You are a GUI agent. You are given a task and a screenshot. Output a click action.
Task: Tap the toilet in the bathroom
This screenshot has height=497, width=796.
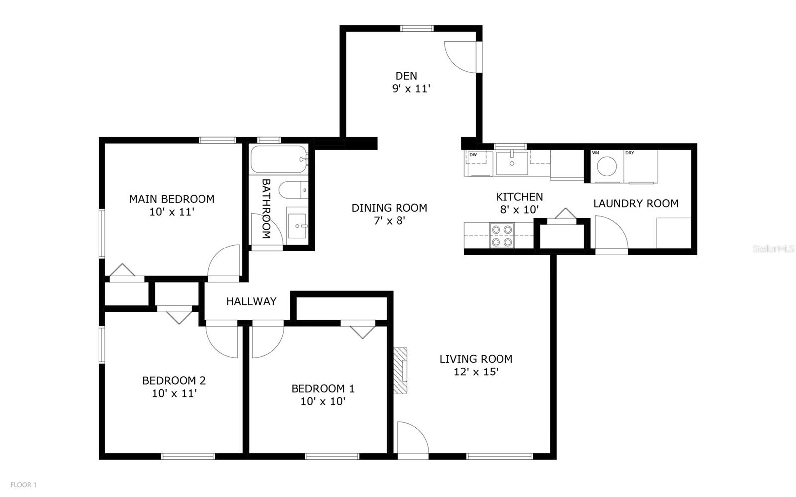291,190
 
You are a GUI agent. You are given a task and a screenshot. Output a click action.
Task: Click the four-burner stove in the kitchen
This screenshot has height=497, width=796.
501,236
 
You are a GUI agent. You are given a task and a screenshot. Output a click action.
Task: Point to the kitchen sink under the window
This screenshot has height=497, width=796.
512,163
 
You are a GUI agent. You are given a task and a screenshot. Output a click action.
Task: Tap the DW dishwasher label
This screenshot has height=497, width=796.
473,155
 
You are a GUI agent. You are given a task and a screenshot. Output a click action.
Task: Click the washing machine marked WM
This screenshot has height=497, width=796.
607,166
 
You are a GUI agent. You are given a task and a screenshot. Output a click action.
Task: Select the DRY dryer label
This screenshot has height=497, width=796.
630,153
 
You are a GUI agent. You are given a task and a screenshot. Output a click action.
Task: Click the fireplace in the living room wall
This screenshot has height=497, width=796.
400,371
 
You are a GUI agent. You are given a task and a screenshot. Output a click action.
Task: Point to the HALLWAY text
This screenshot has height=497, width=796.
251,301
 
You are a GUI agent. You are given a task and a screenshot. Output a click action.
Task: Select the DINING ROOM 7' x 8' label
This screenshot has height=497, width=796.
390,214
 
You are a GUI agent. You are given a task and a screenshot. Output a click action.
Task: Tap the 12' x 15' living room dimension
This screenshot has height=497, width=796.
476,372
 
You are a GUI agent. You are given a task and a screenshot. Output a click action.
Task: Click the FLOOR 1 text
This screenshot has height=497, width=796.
23,484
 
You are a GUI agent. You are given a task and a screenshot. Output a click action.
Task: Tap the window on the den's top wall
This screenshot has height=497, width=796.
417,28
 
